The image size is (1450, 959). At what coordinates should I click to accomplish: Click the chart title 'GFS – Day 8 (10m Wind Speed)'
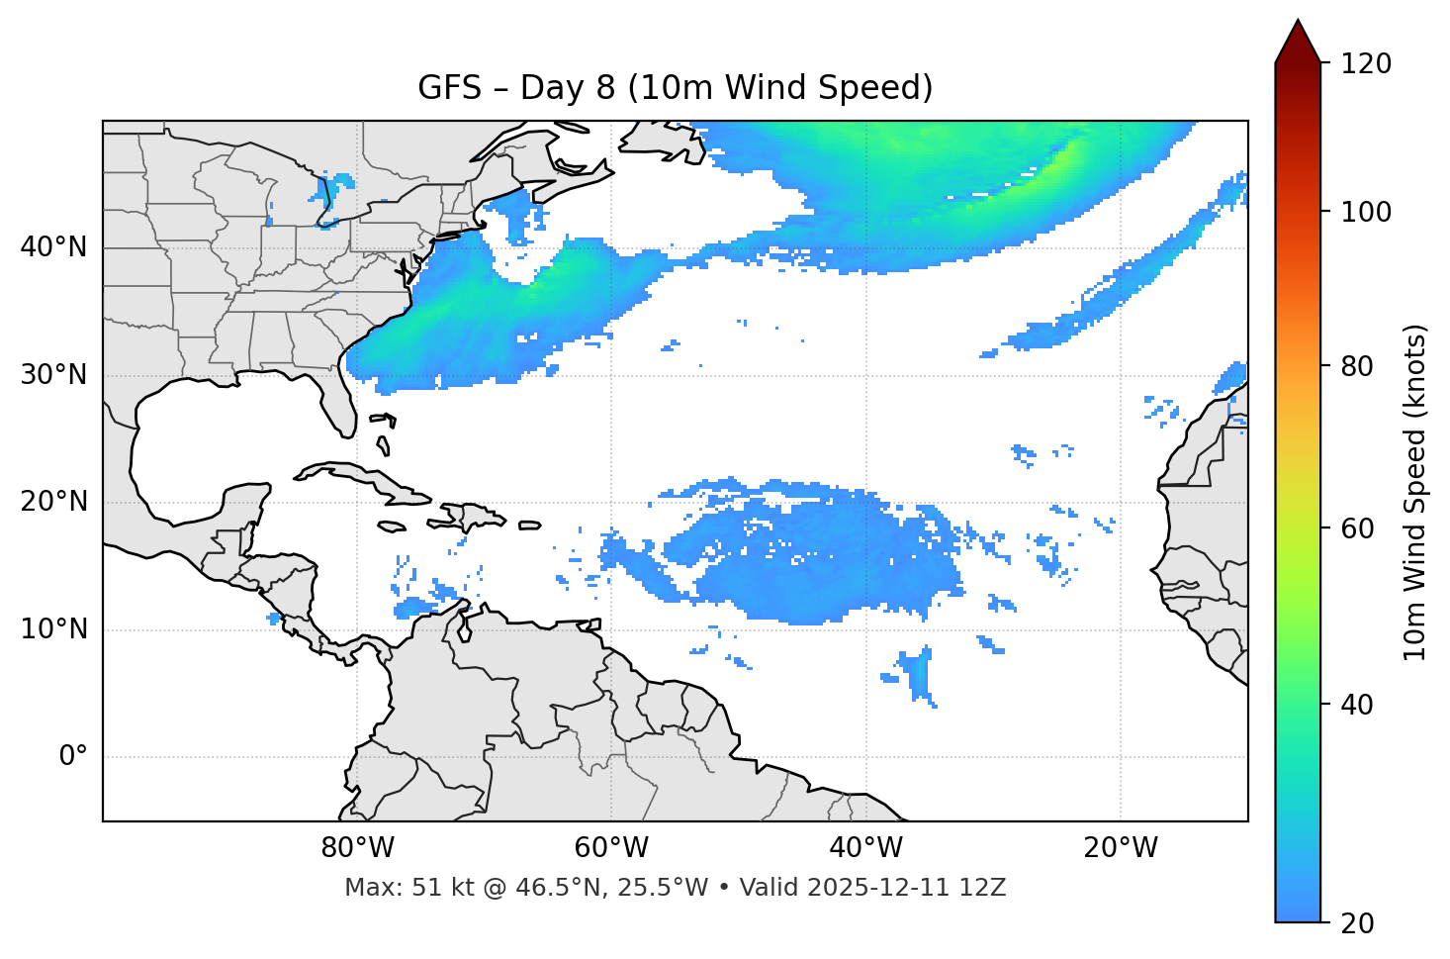pyautogui.click(x=676, y=88)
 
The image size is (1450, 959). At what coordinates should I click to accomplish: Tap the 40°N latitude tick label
pyautogui.click(x=53, y=247)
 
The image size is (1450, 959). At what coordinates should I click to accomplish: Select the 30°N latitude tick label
pyautogui.click(x=53, y=375)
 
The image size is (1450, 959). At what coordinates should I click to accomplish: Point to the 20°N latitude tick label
pyautogui.click(x=53, y=502)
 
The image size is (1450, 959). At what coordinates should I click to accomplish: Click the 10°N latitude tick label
pyautogui.click(x=53, y=629)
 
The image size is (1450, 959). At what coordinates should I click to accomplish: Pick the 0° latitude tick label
pyautogui.click(x=73, y=757)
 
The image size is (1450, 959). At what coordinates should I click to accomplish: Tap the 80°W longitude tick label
pyautogui.click(x=357, y=848)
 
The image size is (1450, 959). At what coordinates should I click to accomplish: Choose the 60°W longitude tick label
pyautogui.click(x=611, y=848)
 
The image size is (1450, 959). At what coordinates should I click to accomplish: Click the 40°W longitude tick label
pyautogui.click(x=865, y=848)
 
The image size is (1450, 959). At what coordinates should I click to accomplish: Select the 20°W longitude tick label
pyautogui.click(x=1121, y=848)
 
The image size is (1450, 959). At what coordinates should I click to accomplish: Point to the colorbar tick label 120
pyautogui.click(x=1366, y=64)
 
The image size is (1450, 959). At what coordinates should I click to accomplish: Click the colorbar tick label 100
pyautogui.click(x=1366, y=212)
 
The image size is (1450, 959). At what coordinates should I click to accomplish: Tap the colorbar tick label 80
pyautogui.click(x=1359, y=366)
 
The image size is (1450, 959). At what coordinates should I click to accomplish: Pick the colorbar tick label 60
pyautogui.click(x=1359, y=528)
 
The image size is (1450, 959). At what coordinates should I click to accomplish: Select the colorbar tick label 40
pyautogui.click(x=1359, y=705)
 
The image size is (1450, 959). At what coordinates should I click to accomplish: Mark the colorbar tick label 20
pyautogui.click(x=1359, y=923)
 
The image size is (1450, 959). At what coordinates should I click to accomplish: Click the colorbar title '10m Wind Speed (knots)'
pyautogui.click(x=1415, y=493)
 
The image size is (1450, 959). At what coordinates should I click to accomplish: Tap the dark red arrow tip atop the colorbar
pyautogui.click(x=1298, y=40)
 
